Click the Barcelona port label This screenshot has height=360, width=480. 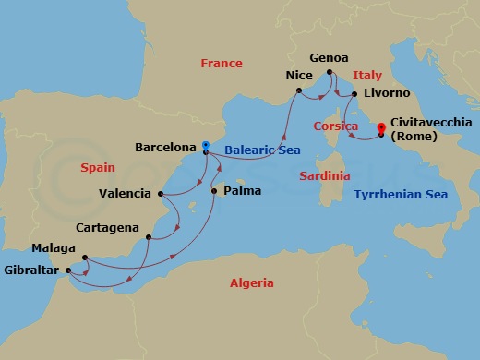(164, 146)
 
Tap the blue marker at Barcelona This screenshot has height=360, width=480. (205, 145)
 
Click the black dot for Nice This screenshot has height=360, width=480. (299, 90)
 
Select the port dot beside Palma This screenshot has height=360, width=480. (214, 191)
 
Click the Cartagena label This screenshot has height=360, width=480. (109, 227)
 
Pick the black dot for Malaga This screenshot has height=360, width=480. (84, 258)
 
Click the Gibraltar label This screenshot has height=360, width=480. (34, 271)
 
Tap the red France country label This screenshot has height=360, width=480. (222, 64)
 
